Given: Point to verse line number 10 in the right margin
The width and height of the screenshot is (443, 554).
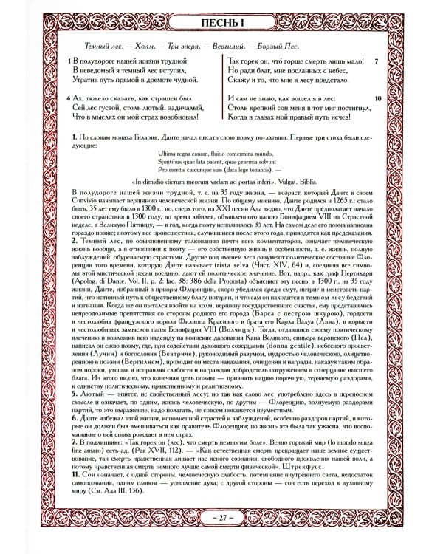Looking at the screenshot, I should point(376,98).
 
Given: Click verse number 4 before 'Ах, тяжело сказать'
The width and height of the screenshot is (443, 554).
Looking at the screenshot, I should point(68,98).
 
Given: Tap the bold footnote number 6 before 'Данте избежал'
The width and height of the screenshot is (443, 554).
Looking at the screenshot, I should point(75,418).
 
